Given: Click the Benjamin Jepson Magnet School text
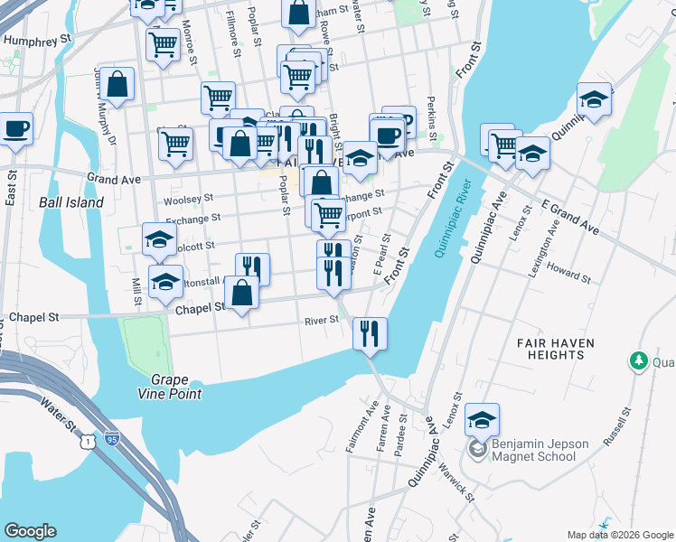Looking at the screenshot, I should [x=540, y=449].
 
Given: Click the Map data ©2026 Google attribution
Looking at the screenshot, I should [x=619, y=536].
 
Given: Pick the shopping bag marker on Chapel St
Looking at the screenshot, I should [x=242, y=293].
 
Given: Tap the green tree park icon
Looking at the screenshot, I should [x=639, y=361].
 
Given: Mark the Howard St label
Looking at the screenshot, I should [x=568, y=272].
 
